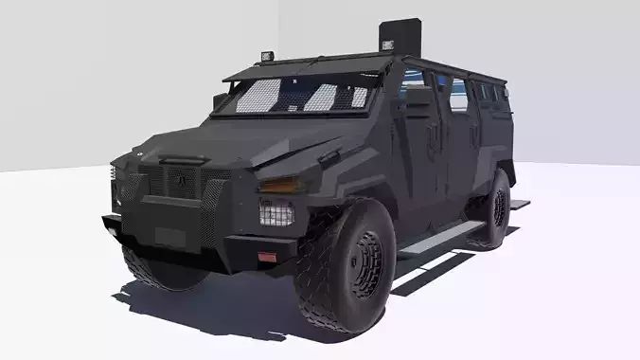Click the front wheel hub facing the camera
[x=365, y=263]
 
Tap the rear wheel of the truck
[x=495, y=209]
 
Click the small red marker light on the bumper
[x=268, y=257]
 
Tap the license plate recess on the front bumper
[x=170, y=236]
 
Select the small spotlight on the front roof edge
[x=269, y=56]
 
